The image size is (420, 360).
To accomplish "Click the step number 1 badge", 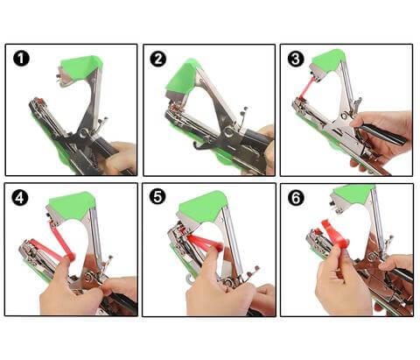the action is pos(21,59).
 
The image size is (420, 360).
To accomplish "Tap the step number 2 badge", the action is pos(158,59).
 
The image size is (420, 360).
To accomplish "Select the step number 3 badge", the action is pos(296,59).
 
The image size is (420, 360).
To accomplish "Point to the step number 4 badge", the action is pos(20,198).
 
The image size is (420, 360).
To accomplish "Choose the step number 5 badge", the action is pos(157,197).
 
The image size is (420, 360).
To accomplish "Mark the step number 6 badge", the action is pos(296,198).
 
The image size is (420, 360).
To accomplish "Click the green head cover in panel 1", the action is pos(81,67).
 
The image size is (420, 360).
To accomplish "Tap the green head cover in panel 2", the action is pos(182,76).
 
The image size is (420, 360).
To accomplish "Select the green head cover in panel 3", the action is pos(328,60).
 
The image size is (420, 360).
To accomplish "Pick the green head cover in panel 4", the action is pos(73,204).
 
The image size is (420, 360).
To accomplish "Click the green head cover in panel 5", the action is pos(204,207).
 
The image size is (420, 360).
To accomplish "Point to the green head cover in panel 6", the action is pos(353,194).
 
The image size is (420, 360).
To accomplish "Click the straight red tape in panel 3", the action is pos(306,88).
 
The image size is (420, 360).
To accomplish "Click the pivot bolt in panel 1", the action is pos(84,133).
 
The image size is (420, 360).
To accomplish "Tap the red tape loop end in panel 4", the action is pos(71,257).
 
